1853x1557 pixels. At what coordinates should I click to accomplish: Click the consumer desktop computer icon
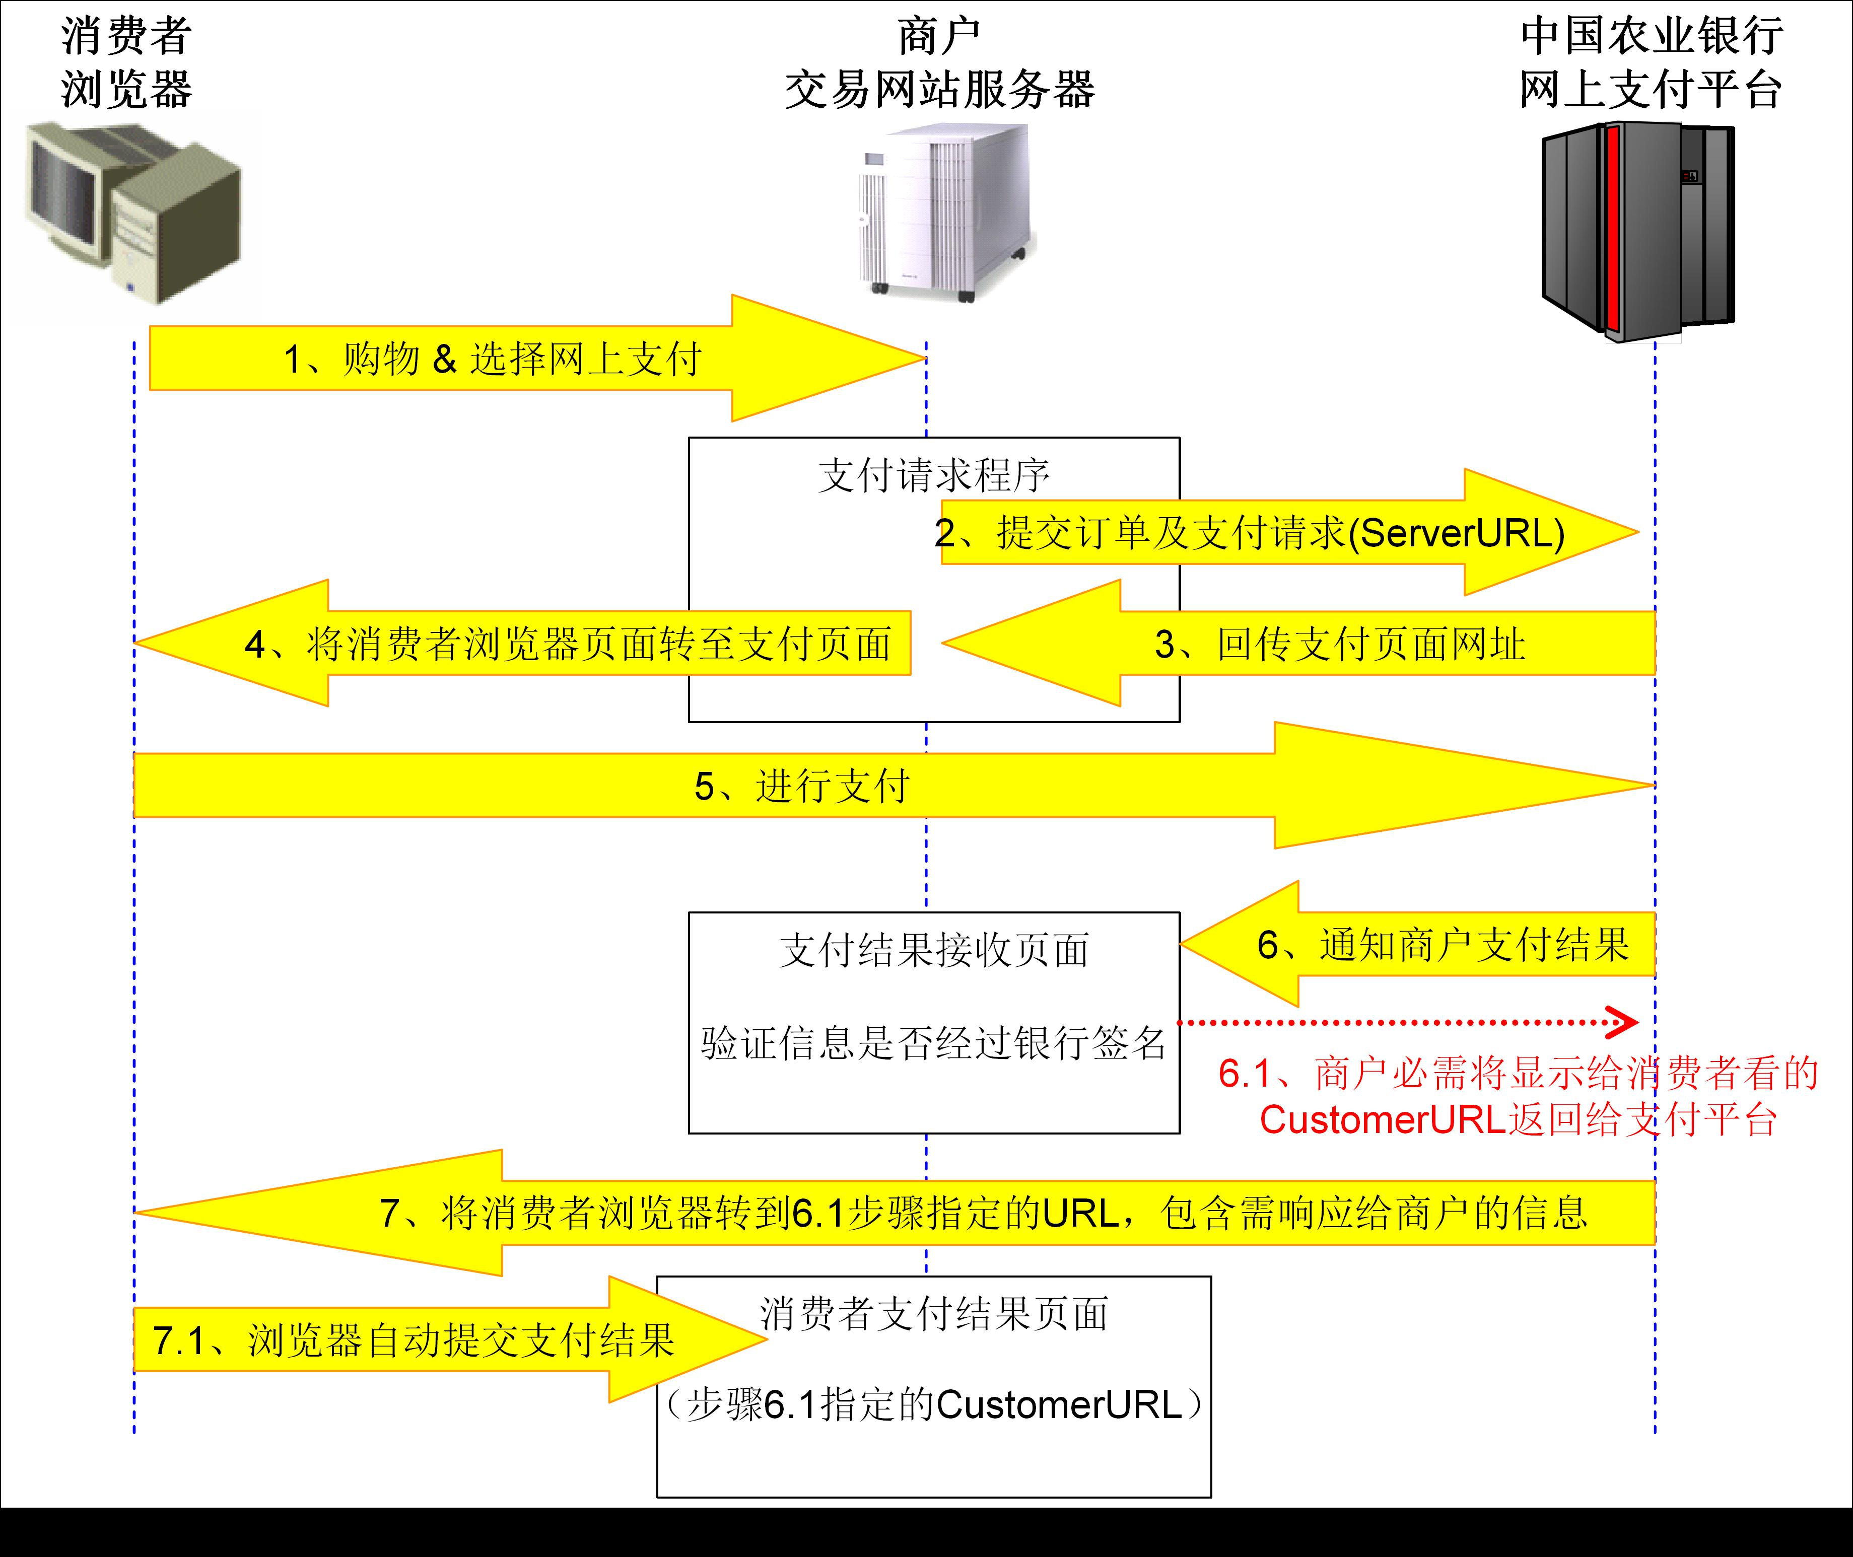(132, 212)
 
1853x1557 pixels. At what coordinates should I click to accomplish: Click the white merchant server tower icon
(941, 212)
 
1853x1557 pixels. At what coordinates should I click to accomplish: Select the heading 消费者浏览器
(126, 62)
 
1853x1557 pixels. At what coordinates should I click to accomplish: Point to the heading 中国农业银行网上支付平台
(1651, 62)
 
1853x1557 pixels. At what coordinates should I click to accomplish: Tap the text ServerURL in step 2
(1457, 533)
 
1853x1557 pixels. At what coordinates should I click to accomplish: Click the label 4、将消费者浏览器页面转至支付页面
(568, 645)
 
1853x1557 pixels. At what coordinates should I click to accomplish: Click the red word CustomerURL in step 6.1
(1382, 1120)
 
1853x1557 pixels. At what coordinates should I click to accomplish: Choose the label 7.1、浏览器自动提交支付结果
(413, 1340)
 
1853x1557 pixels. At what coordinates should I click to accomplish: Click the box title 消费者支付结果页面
(933, 1313)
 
